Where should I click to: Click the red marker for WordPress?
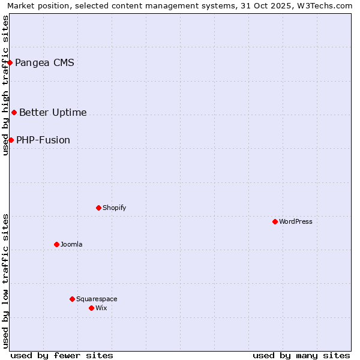click(x=275, y=221)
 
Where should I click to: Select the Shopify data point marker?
click(x=98, y=208)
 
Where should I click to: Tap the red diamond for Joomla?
click(x=56, y=244)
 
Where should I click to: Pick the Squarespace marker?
click(x=72, y=299)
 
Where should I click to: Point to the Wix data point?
click(x=91, y=308)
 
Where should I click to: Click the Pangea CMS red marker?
click(x=10, y=62)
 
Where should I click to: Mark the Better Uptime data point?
click(x=14, y=112)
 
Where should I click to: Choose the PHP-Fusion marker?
click(x=11, y=140)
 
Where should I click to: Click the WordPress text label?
click(x=296, y=221)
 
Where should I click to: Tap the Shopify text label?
click(x=114, y=208)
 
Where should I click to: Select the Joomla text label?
click(x=71, y=244)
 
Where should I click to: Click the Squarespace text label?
click(x=97, y=299)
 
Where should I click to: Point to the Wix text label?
click(x=101, y=308)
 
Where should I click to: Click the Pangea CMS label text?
click(x=44, y=62)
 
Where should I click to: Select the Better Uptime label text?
click(x=53, y=112)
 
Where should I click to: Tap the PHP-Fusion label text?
click(x=43, y=140)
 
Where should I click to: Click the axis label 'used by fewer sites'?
click(x=62, y=355)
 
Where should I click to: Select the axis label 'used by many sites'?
click(x=301, y=355)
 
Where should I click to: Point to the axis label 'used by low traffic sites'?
click(x=6, y=281)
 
